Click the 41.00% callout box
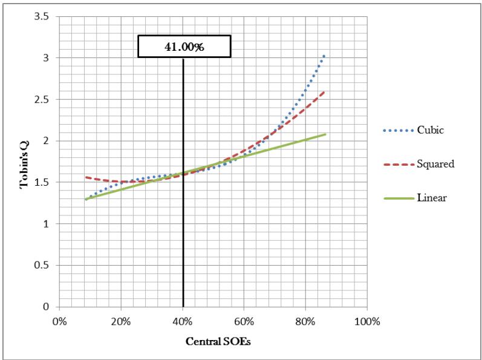point(184,46)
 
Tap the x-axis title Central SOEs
point(213,341)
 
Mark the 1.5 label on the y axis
point(41,182)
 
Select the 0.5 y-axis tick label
point(41,265)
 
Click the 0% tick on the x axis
point(59,321)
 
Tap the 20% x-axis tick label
point(121,321)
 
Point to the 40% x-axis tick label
point(183,321)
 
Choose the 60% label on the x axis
point(244,321)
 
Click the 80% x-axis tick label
point(305,321)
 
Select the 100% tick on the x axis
point(367,321)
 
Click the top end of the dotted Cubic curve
point(325,55)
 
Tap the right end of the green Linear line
point(325,134)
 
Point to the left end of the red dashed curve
point(86,177)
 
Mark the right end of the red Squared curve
point(325,91)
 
